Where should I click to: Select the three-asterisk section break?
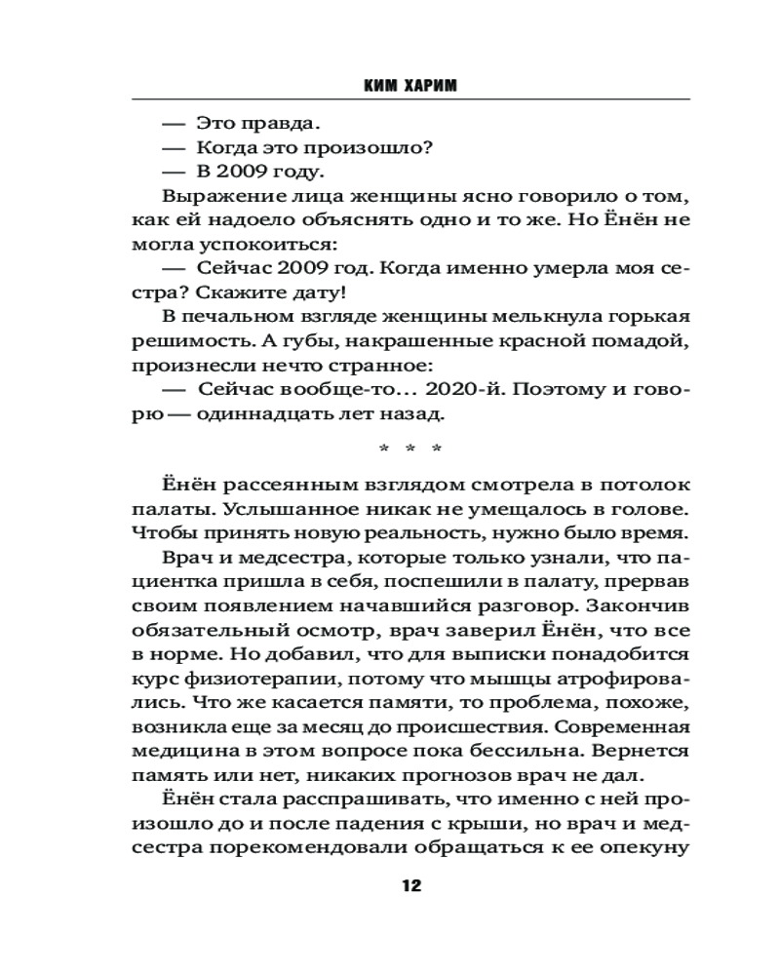pyautogui.click(x=409, y=449)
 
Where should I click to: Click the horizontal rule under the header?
pyautogui.click(x=409, y=100)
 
